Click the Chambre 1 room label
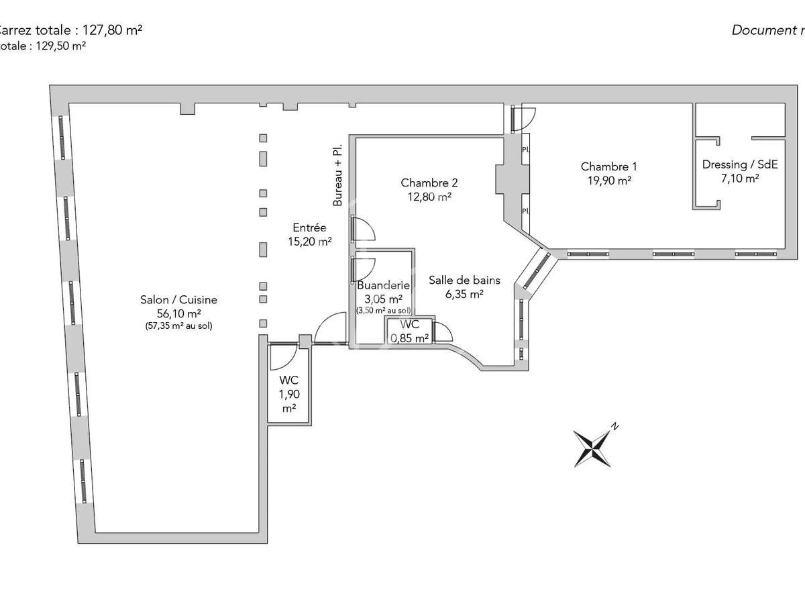[608, 166]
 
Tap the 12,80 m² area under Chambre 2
[429, 197]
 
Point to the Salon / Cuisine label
[178, 300]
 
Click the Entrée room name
[309, 228]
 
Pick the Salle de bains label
[465, 281]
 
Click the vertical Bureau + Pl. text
[339, 174]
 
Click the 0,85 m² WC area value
[410, 338]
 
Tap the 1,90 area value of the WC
[289, 395]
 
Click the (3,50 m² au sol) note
[383, 310]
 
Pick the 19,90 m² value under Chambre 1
[608, 180]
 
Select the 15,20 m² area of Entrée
[309, 242]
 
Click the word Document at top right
[763, 30]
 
